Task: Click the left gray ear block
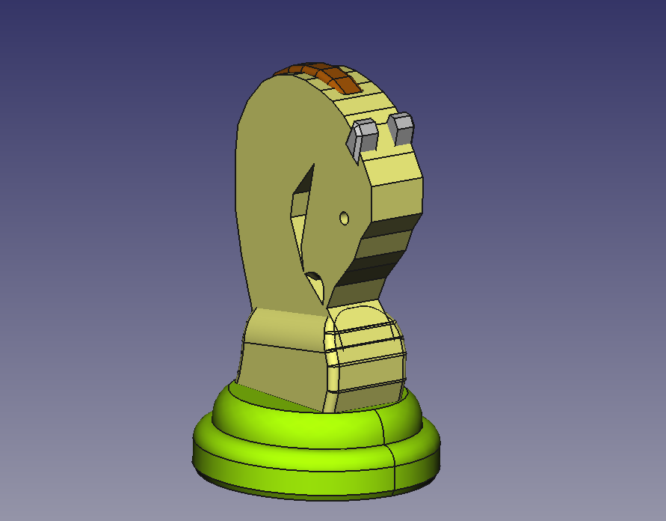(x=364, y=136)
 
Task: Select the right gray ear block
(x=401, y=129)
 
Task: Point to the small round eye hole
(x=344, y=218)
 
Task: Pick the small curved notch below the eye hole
(x=316, y=281)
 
